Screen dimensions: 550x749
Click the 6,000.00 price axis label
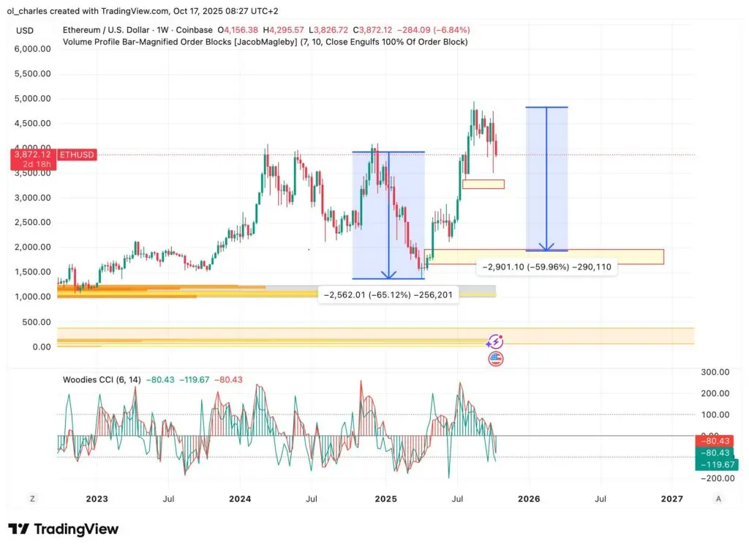point(31,49)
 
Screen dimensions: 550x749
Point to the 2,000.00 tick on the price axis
point(31,247)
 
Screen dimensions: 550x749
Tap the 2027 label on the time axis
point(671,499)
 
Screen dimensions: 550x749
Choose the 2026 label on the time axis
point(529,499)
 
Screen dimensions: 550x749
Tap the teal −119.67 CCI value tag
point(717,464)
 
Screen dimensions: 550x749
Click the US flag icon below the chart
point(496,359)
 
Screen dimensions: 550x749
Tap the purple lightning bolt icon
point(496,342)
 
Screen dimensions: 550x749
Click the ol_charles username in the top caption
point(30,11)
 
